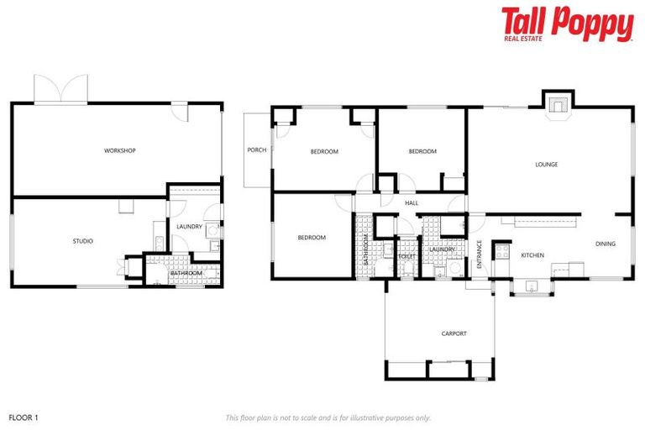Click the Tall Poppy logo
point(567,24)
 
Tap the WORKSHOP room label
point(120,150)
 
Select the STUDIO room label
point(82,241)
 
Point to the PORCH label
point(256,150)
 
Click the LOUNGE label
point(547,165)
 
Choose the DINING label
point(606,244)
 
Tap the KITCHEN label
point(533,255)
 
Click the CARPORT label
point(454,333)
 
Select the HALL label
point(412,202)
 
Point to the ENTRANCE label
point(480,254)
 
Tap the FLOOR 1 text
point(24,417)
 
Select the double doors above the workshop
point(61,89)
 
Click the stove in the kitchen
point(503,250)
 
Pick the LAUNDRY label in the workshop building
point(189,226)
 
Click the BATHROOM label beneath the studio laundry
point(186,273)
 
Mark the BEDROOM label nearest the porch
point(324,151)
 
